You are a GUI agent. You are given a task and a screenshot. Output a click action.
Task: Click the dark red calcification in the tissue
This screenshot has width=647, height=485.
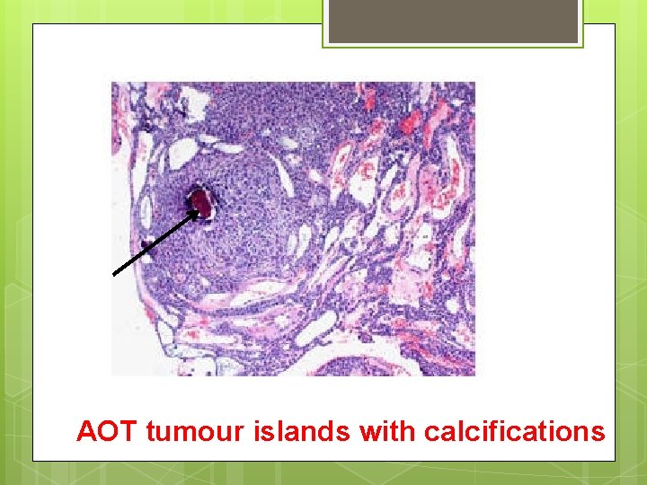202,205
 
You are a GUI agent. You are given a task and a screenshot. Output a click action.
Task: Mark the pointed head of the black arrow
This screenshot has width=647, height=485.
198,212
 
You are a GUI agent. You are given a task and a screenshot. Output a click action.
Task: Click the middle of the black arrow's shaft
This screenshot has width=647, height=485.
155,242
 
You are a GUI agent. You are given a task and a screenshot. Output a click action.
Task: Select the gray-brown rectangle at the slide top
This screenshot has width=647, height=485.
453,21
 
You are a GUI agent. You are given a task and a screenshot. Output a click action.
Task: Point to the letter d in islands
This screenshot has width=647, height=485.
327,432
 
